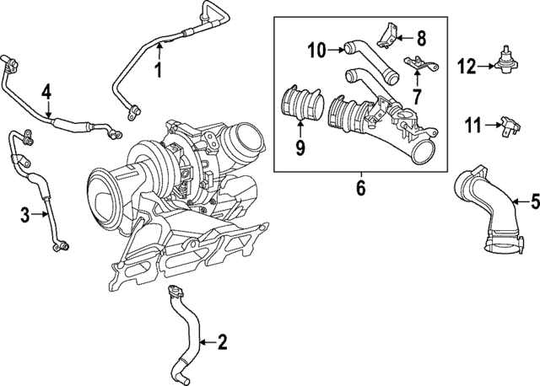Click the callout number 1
pyautogui.click(x=157, y=70)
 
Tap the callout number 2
pyautogui.click(x=222, y=341)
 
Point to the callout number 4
pyautogui.click(x=47, y=91)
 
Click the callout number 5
pyautogui.click(x=533, y=201)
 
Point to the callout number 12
pyautogui.click(x=467, y=64)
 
